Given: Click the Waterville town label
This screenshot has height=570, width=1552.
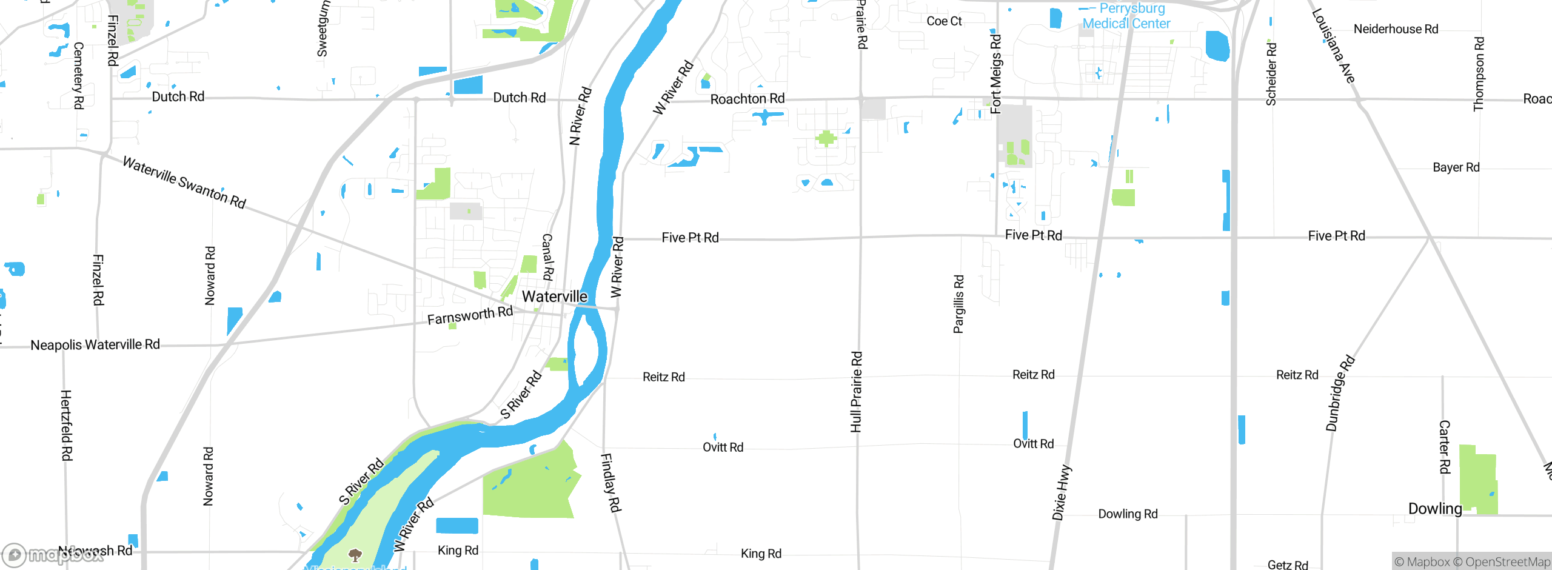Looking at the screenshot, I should click(x=555, y=297).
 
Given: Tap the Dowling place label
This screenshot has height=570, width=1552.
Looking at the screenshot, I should click(x=1435, y=509).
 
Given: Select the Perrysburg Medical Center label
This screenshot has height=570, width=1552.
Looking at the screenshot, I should click(x=1126, y=16).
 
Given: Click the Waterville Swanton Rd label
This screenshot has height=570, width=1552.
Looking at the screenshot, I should click(x=184, y=182).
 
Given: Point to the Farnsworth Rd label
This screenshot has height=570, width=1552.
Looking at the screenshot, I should click(x=470, y=315).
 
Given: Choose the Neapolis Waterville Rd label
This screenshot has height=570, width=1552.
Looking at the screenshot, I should click(x=95, y=345).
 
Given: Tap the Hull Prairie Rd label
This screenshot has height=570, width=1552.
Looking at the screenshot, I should click(x=856, y=392).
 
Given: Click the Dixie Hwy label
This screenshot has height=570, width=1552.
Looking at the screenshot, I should click(x=1062, y=492).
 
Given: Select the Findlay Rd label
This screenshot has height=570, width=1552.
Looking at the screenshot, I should click(x=610, y=483).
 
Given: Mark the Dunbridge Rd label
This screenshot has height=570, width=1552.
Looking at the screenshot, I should click(x=1340, y=393).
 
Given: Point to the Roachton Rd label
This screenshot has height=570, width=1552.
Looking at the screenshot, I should click(x=748, y=99).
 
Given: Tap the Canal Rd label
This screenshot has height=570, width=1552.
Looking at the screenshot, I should click(x=547, y=257).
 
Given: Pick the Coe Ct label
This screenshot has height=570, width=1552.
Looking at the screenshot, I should click(x=944, y=21).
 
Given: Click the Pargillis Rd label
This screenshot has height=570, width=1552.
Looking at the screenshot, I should click(x=958, y=304).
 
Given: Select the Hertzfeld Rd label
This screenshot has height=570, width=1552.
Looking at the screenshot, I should click(x=66, y=425).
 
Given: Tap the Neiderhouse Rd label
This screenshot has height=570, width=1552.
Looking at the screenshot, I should click(x=1396, y=29).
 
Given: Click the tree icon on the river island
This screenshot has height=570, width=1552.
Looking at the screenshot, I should click(x=355, y=554).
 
